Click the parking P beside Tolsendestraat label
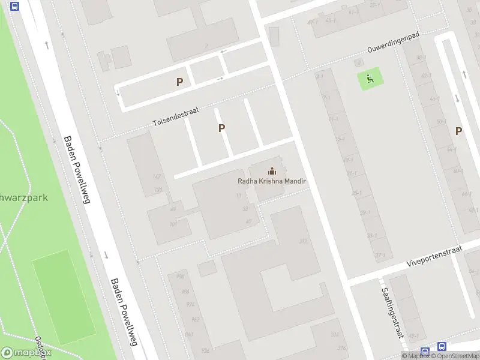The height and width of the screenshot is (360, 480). [221, 128]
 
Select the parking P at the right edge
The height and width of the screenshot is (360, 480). [458, 131]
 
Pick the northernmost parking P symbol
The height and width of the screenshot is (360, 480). [179, 82]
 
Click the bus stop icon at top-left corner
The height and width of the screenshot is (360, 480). [14, 6]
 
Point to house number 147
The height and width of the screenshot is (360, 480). [157, 176]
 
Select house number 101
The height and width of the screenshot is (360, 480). [173, 224]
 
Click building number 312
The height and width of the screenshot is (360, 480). [303, 241]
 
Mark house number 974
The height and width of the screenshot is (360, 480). [190, 305]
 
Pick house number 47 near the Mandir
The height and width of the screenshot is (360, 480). [248, 221]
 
